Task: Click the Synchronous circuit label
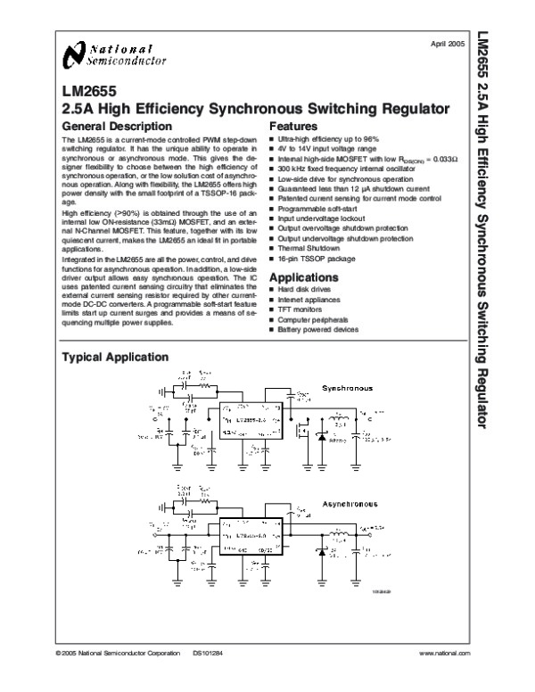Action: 349,390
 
